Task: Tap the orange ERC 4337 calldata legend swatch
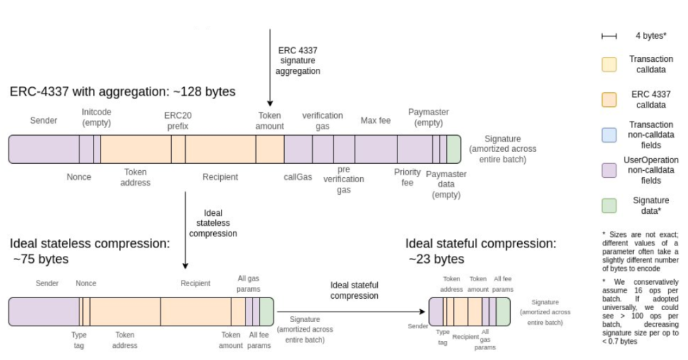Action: (610, 100)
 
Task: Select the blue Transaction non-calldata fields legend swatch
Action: (610, 134)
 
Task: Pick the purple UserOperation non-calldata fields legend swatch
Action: (610, 169)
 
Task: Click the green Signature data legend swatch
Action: (610, 205)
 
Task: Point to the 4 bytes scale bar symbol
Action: (609, 36)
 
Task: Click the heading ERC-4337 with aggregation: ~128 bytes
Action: (122, 92)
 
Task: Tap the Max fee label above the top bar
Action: (375, 120)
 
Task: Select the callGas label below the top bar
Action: (298, 176)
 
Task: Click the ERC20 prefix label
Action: (177, 120)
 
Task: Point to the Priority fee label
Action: (407, 176)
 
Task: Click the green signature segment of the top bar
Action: (454, 150)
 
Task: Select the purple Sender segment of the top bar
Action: (44, 150)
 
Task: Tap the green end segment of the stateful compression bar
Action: (503, 311)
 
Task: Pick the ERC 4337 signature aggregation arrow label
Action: (298, 60)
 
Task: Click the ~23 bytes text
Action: (436, 259)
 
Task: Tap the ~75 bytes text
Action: (41, 259)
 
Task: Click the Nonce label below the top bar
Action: (79, 176)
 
